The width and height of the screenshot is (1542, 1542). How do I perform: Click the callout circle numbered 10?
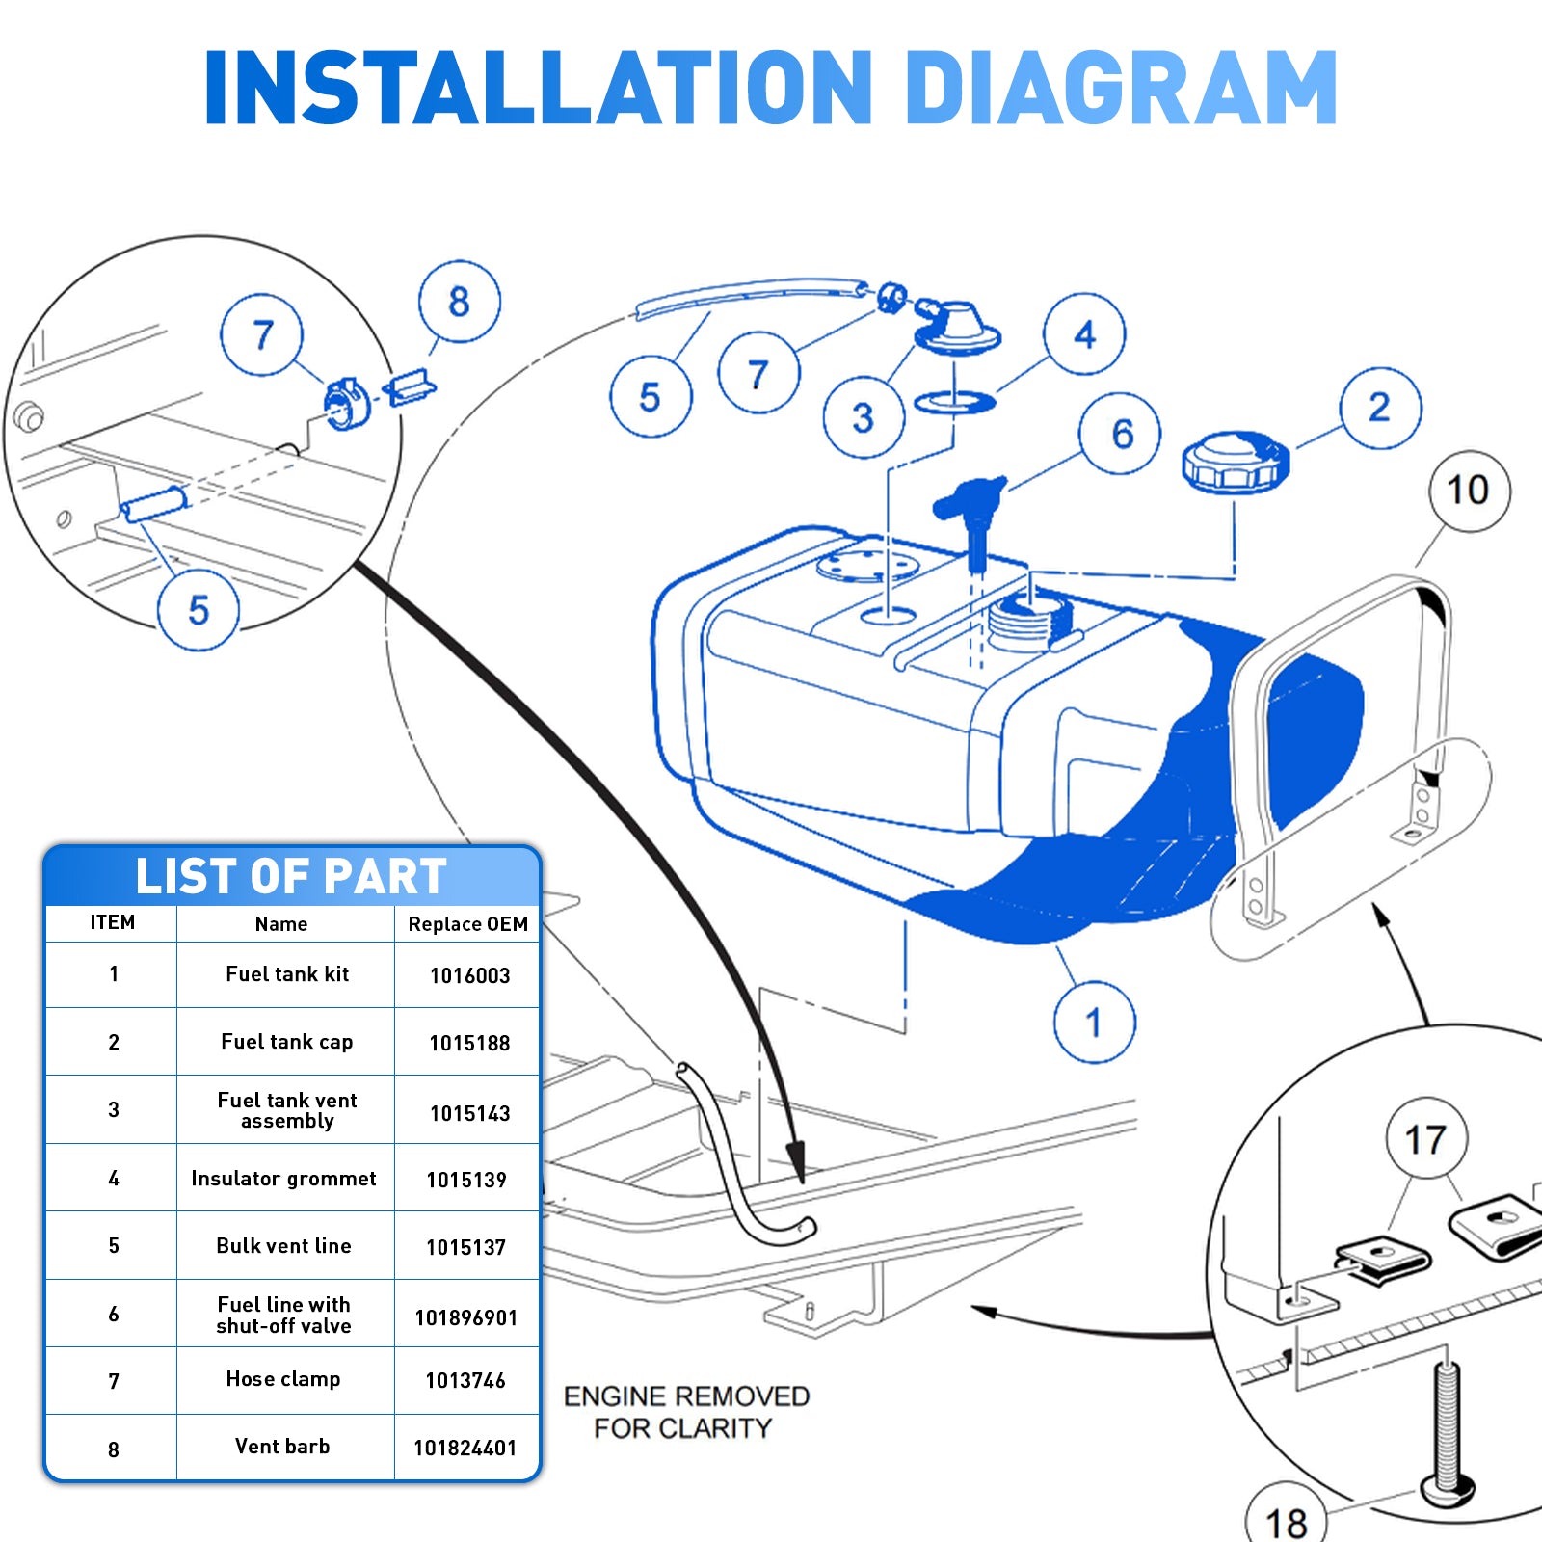pyautogui.click(x=1468, y=491)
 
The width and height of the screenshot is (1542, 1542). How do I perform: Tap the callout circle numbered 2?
pyautogui.click(x=1380, y=408)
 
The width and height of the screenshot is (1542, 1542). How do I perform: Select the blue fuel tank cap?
pyautogui.click(x=1235, y=462)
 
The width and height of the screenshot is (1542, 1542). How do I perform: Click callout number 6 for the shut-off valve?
pyautogui.click(x=1121, y=434)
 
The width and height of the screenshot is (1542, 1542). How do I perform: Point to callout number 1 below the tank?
pyautogui.click(x=1094, y=1023)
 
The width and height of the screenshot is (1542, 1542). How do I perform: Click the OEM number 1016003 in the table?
pyautogui.click(x=469, y=975)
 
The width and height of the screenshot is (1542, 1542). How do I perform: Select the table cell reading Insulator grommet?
pyautogui.click(x=283, y=1178)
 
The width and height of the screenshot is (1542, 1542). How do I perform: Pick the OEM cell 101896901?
pyautogui.click(x=466, y=1317)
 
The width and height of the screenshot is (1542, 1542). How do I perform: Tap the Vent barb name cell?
pyautogui.click(x=282, y=1447)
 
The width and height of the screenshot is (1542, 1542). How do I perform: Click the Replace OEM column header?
pyautogui.click(x=467, y=924)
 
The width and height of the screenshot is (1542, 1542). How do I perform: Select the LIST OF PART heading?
pyautogui.click(x=291, y=876)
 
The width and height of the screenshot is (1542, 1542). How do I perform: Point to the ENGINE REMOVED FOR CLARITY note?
pyautogui.click(x=685, y=1412)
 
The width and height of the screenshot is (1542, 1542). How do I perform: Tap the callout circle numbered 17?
pyautogui.click(x=1425, y=1139)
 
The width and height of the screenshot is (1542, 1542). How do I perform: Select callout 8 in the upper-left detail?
pyautogui.click(x=459, y=302)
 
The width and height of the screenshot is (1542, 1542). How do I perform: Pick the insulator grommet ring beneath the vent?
pyautogui.click(x=954, y=403)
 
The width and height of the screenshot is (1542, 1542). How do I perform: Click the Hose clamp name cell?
pyautogui.click(x=282, y=1379)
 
